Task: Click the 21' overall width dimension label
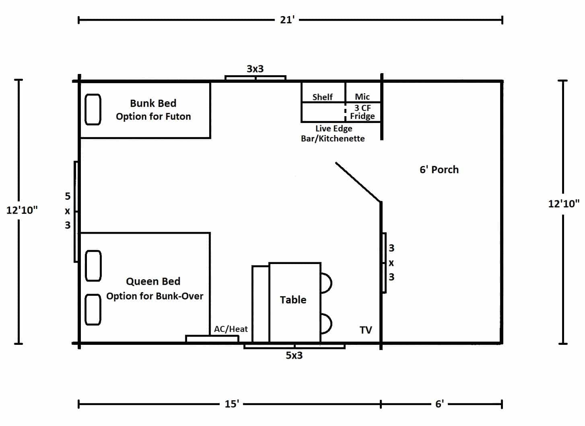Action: tap(287, 20)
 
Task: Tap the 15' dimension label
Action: tap(232, 404)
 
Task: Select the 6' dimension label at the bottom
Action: tap(439, 404)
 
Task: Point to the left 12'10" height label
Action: tap(22, 210)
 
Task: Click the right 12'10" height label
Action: tap(563, 203)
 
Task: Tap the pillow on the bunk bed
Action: tap(93, 109)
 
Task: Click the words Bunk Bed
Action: tap(153, 103)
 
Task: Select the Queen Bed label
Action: tap(153, 281)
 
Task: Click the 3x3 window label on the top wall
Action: tap(255, 69)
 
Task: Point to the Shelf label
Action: tap(322, 97)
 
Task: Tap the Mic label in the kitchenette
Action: tap(362, 96)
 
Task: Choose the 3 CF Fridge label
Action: tap(362, 112)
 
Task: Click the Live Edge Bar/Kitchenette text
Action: tap(333, 133)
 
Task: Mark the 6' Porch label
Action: tap(439, 170)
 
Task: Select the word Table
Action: tap(293, 300)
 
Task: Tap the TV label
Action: tap(365, 330)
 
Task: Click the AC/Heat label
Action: tap(231, 329)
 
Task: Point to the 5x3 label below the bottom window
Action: tap(294, 355)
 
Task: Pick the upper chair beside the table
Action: tap(326, 283)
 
